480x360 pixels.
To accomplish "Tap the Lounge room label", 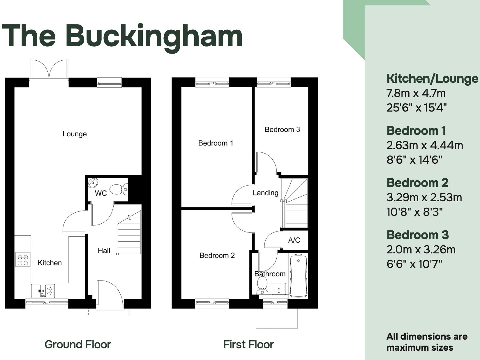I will (75, 134).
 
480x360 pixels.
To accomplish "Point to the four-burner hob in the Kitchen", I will (23, 260).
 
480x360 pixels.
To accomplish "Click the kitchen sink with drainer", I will (43, 291).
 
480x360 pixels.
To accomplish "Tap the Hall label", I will (104, 251).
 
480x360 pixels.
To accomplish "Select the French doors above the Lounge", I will (49, 69).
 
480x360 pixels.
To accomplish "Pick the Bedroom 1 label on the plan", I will (216, 143).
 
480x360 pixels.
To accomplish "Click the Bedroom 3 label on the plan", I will (282, 130).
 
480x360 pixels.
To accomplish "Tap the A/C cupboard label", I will (294, 240).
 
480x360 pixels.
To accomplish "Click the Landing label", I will (265, 193).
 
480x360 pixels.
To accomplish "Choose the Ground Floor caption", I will (78, 345).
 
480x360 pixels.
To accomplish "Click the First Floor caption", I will (248, 345).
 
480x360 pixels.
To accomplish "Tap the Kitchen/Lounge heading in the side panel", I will (432, 79).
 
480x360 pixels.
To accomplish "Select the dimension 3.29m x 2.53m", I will (424, 197).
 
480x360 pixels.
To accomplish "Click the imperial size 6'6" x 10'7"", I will (414, 264).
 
